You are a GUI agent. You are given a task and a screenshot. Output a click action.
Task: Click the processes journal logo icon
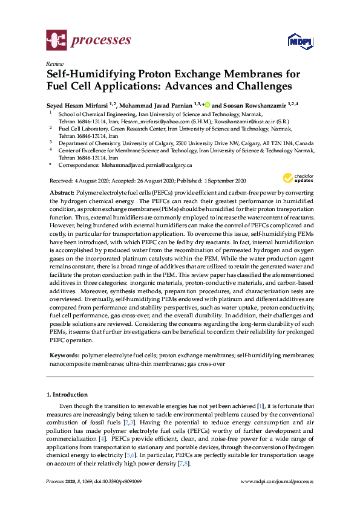pos(57,41)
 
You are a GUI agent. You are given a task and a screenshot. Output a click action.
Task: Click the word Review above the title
pos(53,64)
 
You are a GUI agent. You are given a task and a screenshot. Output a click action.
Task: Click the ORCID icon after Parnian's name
pos(207,103)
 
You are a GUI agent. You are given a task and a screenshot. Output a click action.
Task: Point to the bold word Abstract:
pos(62,192)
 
